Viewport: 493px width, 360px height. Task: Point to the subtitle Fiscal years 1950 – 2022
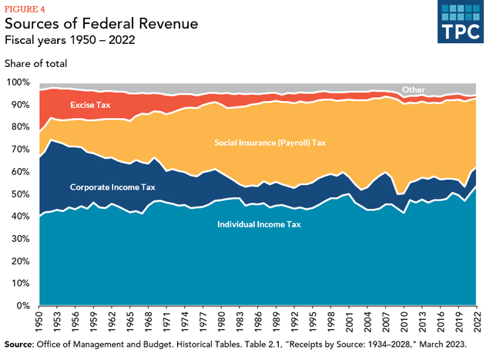coord(75,40)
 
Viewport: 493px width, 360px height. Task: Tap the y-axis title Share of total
coord(35,63)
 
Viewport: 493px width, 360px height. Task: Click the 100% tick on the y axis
coord(18,82)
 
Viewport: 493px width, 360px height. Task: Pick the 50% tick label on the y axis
coord(20,193)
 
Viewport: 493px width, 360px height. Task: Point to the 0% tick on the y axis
coord(23,306)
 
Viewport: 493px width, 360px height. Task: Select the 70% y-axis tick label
coord(20,149)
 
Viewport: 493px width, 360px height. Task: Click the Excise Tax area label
coord(91,104)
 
